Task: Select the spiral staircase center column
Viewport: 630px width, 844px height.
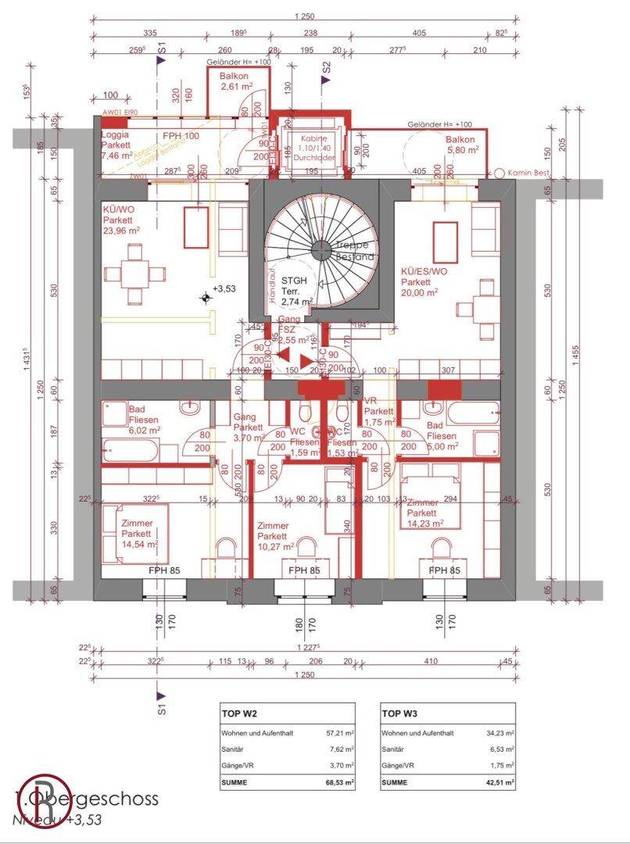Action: click(320, 250)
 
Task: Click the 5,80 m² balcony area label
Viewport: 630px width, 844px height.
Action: click(461, 149)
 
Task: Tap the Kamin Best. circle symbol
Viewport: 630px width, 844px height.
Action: click(499, 172)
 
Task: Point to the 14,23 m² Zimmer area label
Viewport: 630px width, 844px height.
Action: click(425, 524)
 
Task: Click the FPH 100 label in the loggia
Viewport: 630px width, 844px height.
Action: click(181, 136)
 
